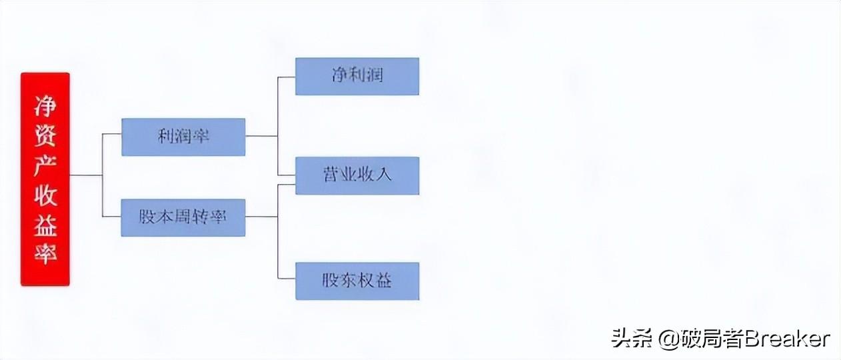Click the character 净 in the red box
[x=45, y=106]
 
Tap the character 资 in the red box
[x=45, y=135]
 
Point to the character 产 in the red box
[x=45, y=165]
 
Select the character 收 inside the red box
[x=45, y=195]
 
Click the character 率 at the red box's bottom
[x=45, y=254]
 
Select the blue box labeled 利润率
[x=183, y=137]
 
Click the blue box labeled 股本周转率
[x=183, y=217]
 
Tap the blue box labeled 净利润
[x=357, y=76]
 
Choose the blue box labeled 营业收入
[x=357, y=175]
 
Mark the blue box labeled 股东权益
[x=357, y=281]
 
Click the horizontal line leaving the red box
[x=85, y=175]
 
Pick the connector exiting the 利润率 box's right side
[x=261, y=136]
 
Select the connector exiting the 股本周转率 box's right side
[x=261, y=217]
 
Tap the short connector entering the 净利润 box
[x=287, y=77]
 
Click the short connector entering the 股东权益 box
[x=287, y=279]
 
